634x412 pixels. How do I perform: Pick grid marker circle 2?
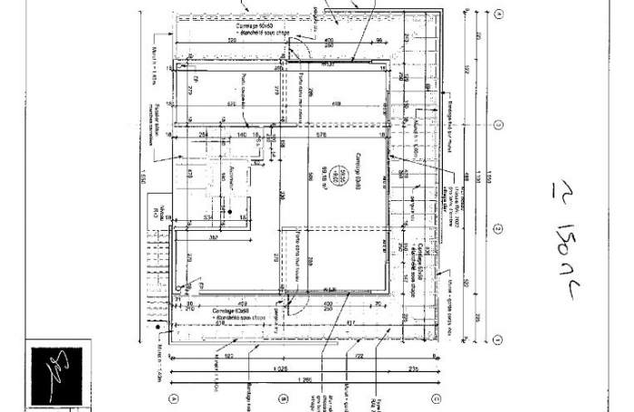(498, 228)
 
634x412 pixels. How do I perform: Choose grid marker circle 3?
(498, 124)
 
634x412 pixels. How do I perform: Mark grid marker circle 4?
(498, 14)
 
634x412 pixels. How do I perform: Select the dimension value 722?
(358, 358)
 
